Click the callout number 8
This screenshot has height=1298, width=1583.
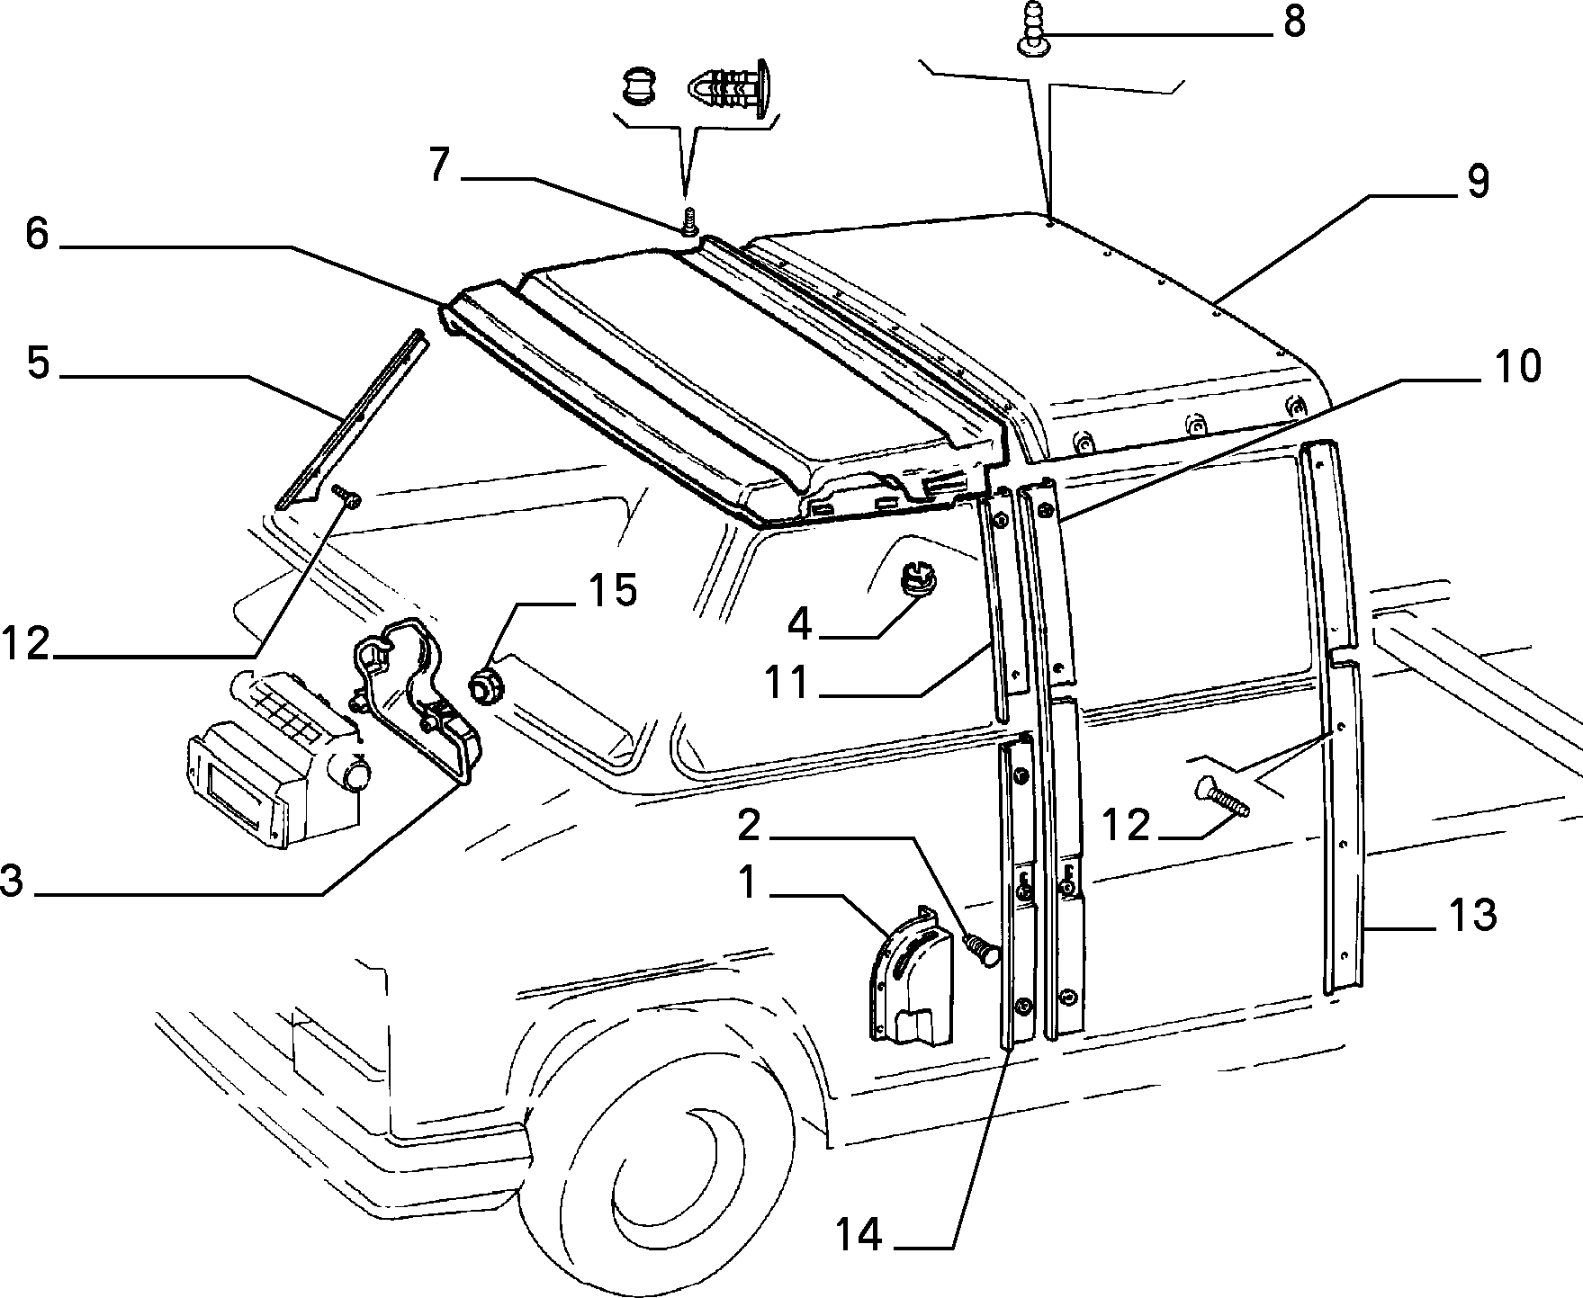point(1294,22)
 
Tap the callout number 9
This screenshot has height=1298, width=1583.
point(1478,182)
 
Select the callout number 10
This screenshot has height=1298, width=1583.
point(1517,368)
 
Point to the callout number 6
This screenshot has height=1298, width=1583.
point(37,235)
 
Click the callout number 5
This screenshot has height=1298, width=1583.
point(38,363)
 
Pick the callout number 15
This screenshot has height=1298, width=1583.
point(613,591)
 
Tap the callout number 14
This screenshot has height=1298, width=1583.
point(859,1235)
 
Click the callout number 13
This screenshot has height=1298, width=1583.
point(1472,916)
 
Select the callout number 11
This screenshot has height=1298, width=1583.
point(787,684)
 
